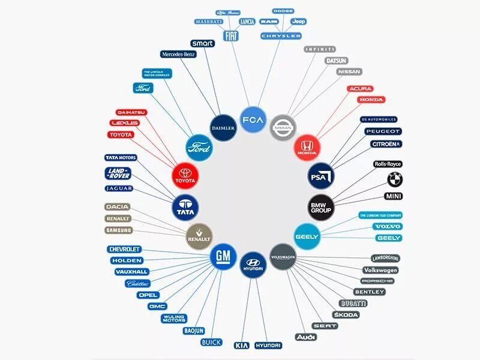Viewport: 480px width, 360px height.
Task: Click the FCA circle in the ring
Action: (x=253, y=119)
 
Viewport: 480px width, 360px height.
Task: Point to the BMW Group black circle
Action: (x=321, y=207)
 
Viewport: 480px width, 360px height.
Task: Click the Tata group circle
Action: (x=185, y=207)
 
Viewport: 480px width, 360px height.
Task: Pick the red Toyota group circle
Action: (x=185, y=175)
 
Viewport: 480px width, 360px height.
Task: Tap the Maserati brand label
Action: (x=209, y=22)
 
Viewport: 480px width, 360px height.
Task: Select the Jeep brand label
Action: (x=298, y=22)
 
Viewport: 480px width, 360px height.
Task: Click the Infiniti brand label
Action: (x=320, y=49)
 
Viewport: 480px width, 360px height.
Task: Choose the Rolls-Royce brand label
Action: (x=388, y=164)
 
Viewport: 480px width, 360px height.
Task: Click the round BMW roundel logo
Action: (x=395, y=179)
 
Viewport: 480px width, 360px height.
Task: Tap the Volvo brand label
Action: (x=388, y=227)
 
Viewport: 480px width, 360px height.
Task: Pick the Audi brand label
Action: (x=305, y=337)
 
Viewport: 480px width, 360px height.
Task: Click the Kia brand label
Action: (x=241, y=346)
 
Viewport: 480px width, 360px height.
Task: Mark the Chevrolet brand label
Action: (x=124, y=249)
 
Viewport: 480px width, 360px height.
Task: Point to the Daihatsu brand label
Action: (x=131, y=112)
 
